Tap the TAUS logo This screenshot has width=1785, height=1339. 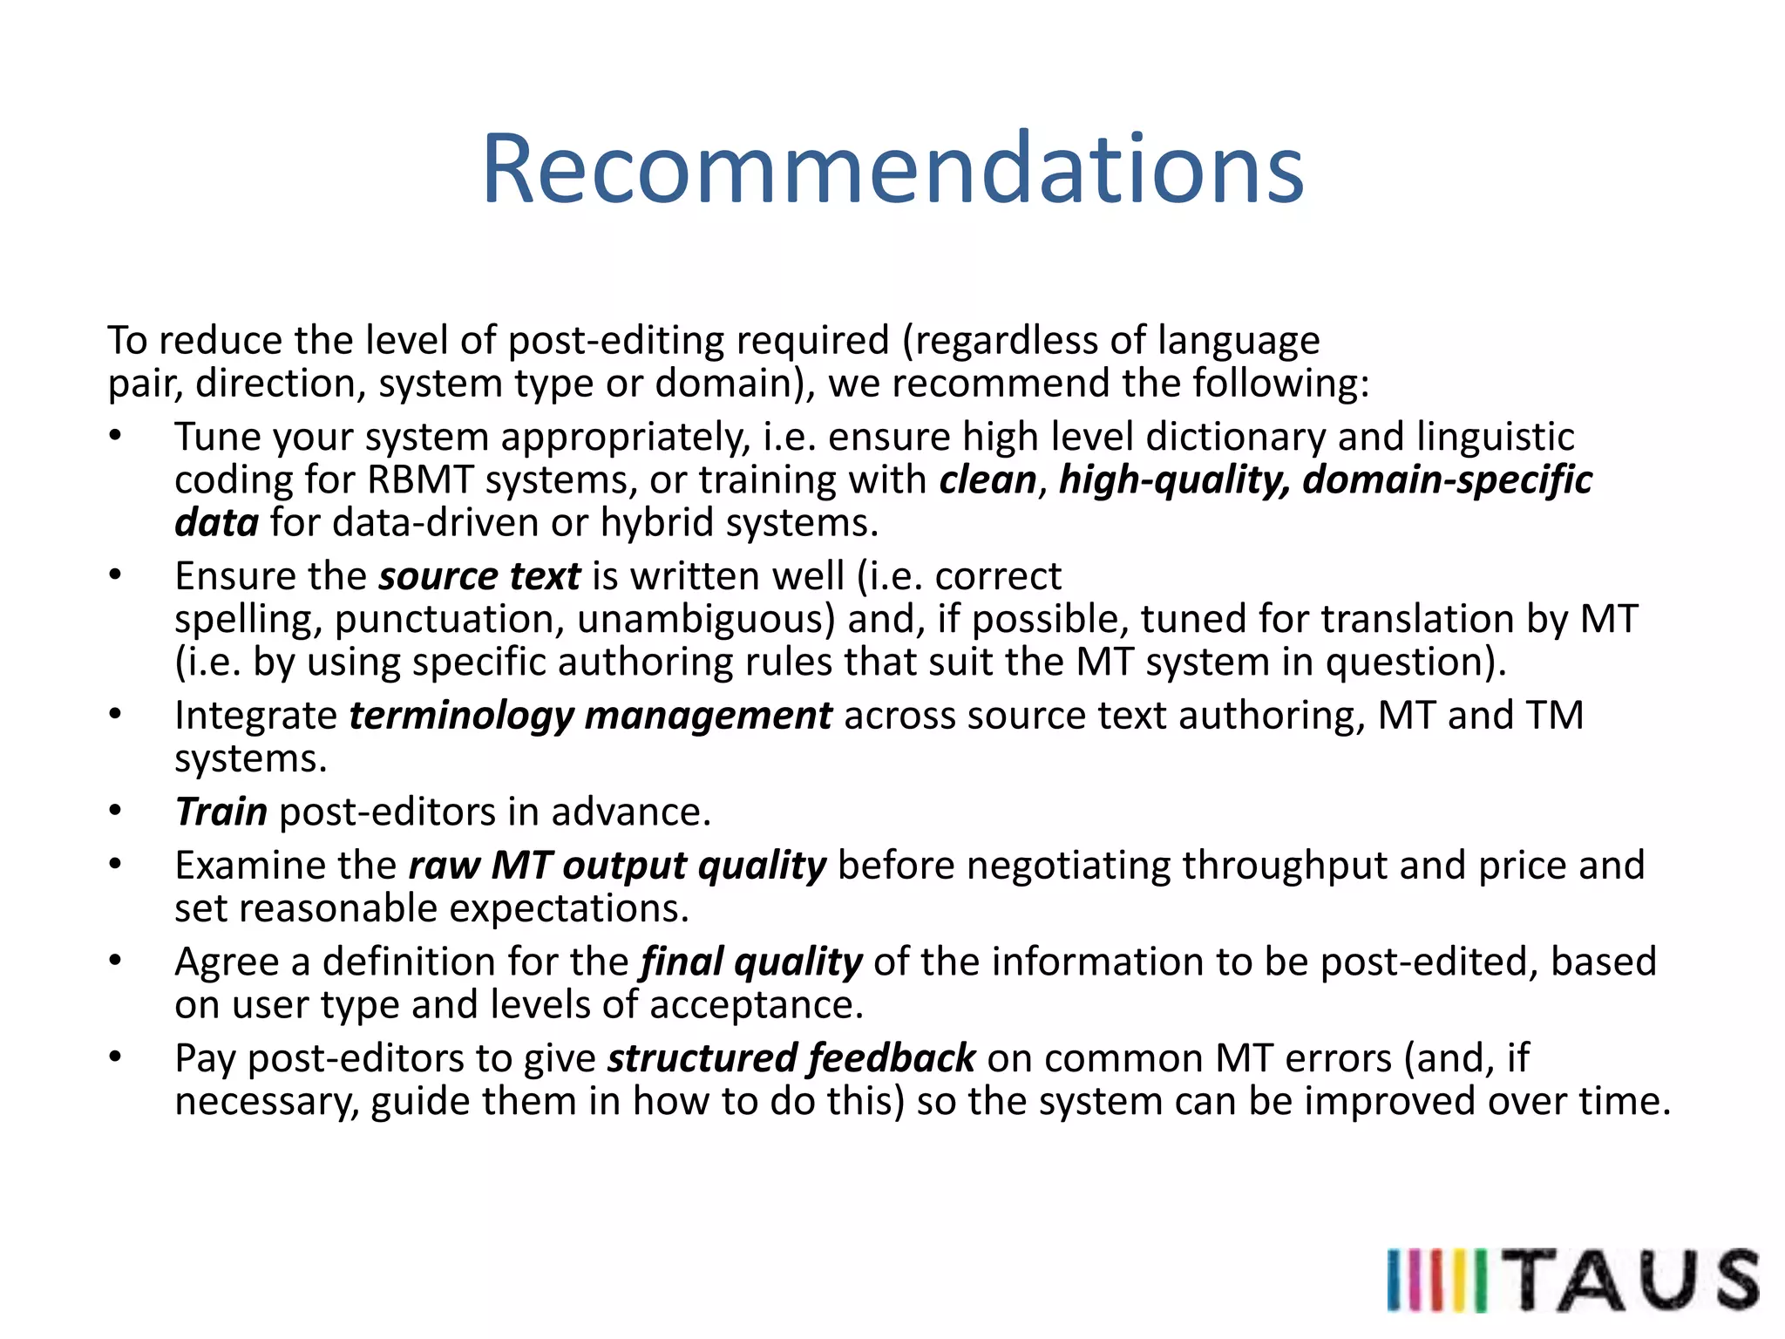tap(1572, 1279)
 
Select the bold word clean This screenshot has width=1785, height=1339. tap(988, 480)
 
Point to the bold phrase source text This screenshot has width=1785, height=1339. tap(479, 576)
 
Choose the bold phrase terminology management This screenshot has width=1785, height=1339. tap(590, 716)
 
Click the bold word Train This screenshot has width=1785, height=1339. tap(221, 812)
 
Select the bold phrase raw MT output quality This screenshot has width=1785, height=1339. tap(616, 866)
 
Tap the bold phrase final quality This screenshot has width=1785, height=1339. tap(750, 962)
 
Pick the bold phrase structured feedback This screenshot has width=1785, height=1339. tap(791, 1058)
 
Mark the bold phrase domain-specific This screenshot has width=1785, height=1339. tap(1447, 480)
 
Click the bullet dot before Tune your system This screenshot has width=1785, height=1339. tap(115, 436)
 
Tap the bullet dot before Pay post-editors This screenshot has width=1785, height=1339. tap(115, 1057)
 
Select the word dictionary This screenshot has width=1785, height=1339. tap(1235, 437)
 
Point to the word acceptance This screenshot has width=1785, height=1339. tap(756, 1005)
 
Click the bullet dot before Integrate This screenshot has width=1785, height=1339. tap(115, 715)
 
